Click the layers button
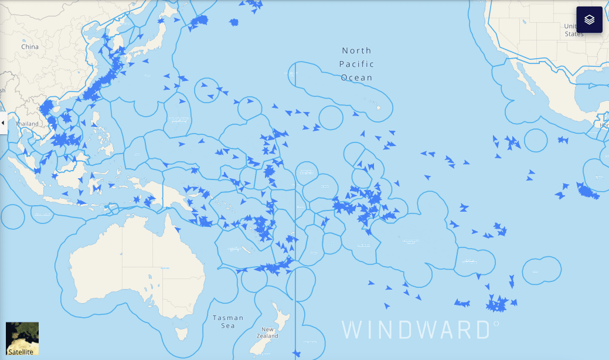pos(589,19)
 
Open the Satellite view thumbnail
pos(22,338)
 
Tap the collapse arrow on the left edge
pos(3,123)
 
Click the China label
pos(30,46)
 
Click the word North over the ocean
pos(357,51)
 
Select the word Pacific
pos(357,64)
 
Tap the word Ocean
pos(357,77)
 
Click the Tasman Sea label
pos(227,321)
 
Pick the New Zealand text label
pos(270,332)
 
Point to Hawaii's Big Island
pos(379,108)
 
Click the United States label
pos(573,30)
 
